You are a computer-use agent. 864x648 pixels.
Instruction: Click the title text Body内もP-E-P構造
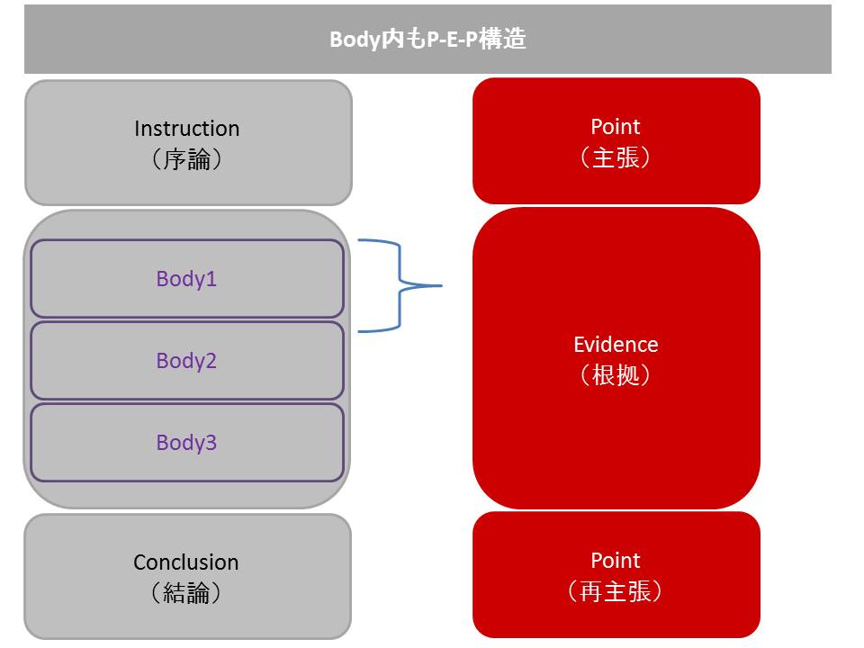pos(427,39)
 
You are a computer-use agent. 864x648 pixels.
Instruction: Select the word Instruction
pos(187,129)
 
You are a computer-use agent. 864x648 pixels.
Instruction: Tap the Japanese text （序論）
pos(187,160)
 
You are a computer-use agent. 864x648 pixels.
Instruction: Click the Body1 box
pos(187,278)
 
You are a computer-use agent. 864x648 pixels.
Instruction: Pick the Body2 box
pos(187,360)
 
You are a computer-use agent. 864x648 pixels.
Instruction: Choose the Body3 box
pos(187,443)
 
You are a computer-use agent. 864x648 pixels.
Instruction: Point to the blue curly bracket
pos(400,285)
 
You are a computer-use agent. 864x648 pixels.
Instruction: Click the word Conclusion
pos(186,562)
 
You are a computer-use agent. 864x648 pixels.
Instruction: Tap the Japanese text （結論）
pos(186,593)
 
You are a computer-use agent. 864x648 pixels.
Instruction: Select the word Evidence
pos(616,345)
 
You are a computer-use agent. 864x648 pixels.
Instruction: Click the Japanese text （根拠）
pos(616,375)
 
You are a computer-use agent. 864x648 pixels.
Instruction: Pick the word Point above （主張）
pos(616,127)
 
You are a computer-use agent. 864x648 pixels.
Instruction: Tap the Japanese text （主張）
pos(616,157)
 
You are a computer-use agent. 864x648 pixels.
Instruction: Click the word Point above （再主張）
pos(616,561)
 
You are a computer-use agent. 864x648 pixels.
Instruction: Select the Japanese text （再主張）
pos(616,591)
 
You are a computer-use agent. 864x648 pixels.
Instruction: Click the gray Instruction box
pos(188,143)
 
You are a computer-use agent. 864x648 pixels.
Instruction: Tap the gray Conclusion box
pos(188,577)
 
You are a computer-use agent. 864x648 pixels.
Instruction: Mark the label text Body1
pos(186,279)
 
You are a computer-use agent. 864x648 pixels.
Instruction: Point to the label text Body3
pos(186,443)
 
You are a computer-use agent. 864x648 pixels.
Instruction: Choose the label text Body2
pos(186,361)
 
